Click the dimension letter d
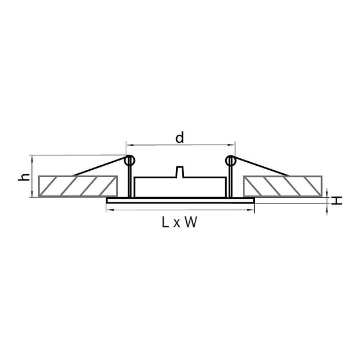[179, 137]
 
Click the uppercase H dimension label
[338, 201]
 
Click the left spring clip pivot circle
[129, 161]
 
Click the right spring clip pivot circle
[230, 161]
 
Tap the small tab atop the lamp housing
[179, 172]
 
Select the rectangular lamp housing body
[179, 188]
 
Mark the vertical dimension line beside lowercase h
[31, 177]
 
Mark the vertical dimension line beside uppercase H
[327, 200]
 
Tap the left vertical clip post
[130, 182]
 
